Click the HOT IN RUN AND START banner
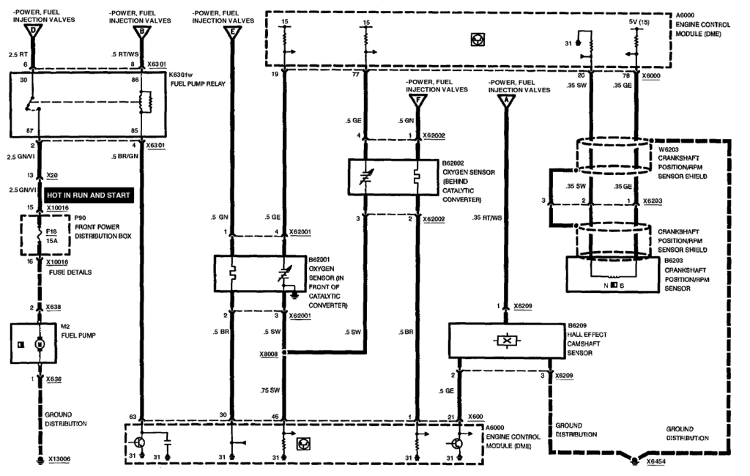[89, 196]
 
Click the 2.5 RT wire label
[18, 55]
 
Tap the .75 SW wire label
[270, 390]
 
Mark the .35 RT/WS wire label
[488, 217]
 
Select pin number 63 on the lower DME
[133, 416]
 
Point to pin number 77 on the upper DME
[355, 75]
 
